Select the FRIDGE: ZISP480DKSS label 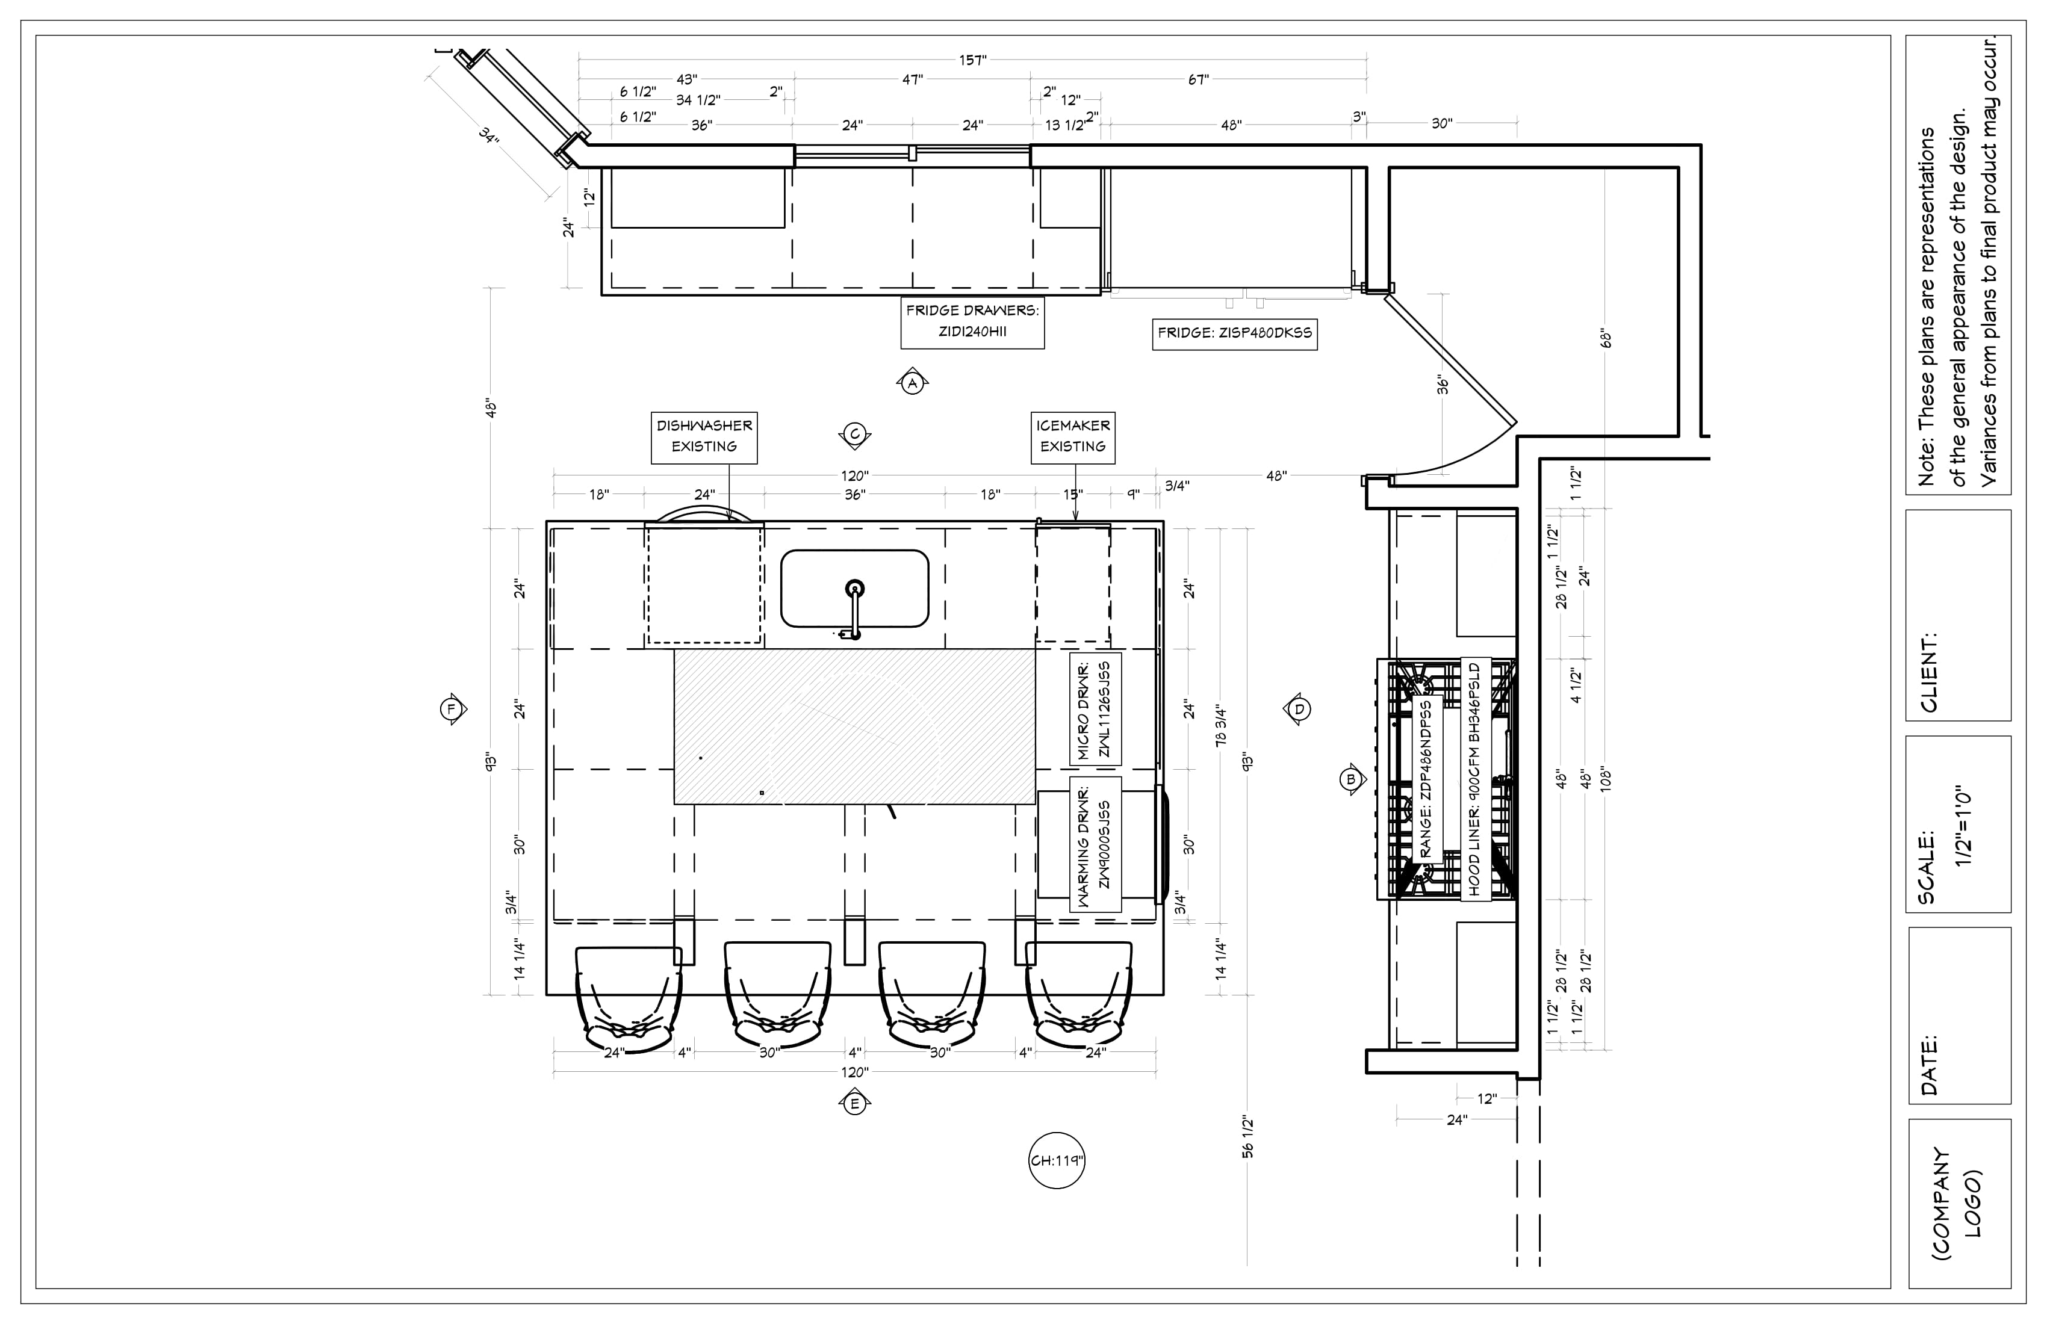pyautogui.click(x=1234, y=333)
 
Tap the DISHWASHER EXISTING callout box pyautogui.click(x=704, y=437)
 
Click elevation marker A pyautogui.click(x=913, y=383)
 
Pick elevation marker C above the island pyautogui.click(x=855, y=436)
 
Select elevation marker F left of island pyautogui.click(x=451, y=710)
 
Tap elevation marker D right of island pyautogui.click(x=1299, y=710)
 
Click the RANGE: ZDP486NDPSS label pyautogui.click(x=1427, y=779)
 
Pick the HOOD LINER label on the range pyautogui.click(x=1475, y=779)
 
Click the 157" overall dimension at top pyautogui.click(x=973, y=60)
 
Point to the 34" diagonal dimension pyautogui.click(x=488, y=136)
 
